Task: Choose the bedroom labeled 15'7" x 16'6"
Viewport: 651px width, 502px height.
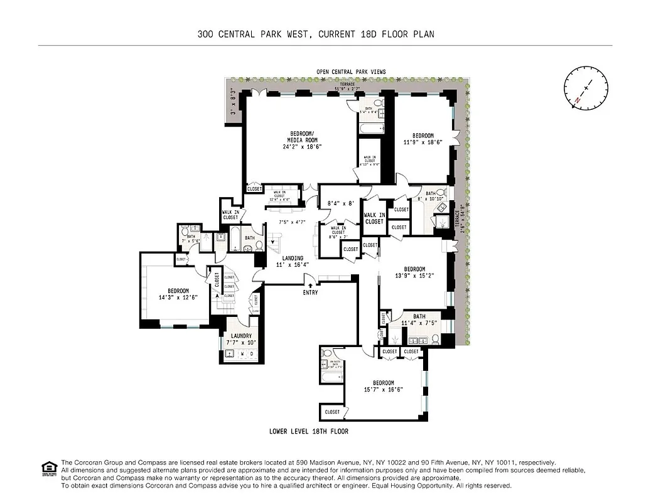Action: coord(384,386)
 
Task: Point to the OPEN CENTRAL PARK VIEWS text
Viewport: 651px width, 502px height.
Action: coord(351,72)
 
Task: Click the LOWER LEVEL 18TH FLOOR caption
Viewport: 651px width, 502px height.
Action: coord(308,432)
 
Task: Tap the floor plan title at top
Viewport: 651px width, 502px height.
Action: coord(316,35)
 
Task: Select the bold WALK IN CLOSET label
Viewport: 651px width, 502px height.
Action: coord(374,218)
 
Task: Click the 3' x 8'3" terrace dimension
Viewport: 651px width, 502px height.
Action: coord(233,104)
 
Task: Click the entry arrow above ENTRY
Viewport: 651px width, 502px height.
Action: coord(309,285)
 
